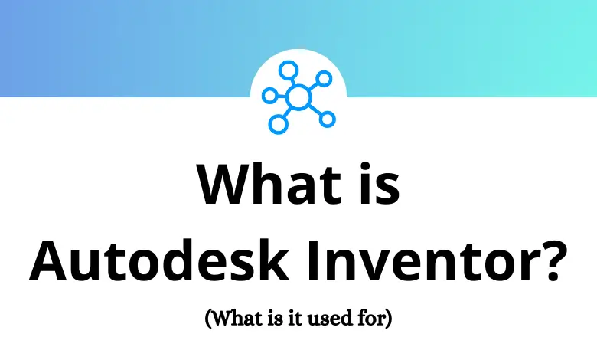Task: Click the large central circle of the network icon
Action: tap(298, 97)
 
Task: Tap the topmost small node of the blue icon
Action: tap(288, 70)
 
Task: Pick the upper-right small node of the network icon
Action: tap(324, 78)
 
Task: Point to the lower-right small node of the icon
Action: tap(327, 119)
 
